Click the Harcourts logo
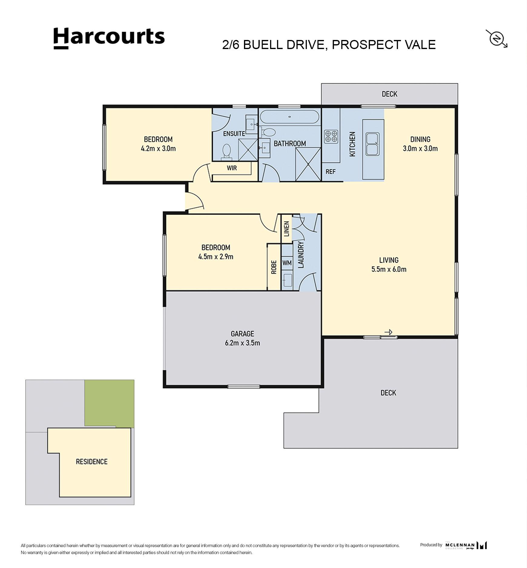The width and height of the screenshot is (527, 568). [109, 38]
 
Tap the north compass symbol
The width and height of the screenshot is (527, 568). [497, 39]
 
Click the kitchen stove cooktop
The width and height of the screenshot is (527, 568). [331, 136]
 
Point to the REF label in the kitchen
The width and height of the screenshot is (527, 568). [331, 172]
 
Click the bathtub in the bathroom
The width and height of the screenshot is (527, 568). [290, 117]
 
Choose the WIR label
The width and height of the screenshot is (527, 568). [232, 168]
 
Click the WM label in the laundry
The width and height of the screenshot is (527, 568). [287, 263]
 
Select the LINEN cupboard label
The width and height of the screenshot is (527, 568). [287, 229]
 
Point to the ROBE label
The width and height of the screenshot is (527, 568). [274, 267]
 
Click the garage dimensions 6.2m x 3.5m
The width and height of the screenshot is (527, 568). [242, 343]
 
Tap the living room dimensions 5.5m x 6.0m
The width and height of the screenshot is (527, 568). [389, 269]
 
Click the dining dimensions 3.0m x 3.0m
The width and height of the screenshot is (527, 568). [420, 148]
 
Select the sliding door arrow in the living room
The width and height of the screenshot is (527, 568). [388, 332]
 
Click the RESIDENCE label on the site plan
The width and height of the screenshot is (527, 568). [92, 462]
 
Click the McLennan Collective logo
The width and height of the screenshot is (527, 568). [466, 545]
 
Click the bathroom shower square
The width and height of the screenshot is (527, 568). [308, 164]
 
